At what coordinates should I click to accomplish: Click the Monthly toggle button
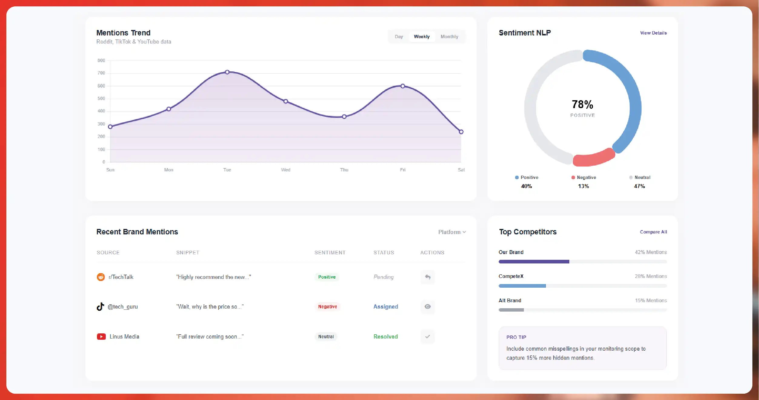click(449, 37)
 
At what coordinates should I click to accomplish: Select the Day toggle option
click(399, 37)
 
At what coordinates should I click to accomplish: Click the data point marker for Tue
click(227, 72)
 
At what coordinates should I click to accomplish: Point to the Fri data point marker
click(403, 86)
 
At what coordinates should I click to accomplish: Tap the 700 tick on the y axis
click(101, 73)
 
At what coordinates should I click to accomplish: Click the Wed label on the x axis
click(285, 170)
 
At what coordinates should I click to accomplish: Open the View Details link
click(653, 33)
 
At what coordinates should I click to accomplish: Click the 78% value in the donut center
click(582, 104)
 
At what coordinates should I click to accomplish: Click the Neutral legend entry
click(640, 177)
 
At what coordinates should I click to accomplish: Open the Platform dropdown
click(452, 232)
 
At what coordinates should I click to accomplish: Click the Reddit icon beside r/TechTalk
click(101, 277)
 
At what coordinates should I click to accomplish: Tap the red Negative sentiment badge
click(327, 307)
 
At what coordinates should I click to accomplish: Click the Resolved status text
click(385, 337)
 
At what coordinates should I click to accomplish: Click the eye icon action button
click(428, 307)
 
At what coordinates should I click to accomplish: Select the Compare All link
click(653, 232)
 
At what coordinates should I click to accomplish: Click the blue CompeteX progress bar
click(522, 286)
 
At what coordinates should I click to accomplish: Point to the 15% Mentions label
click(651, 300)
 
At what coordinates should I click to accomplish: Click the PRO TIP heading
click(516, 337)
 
